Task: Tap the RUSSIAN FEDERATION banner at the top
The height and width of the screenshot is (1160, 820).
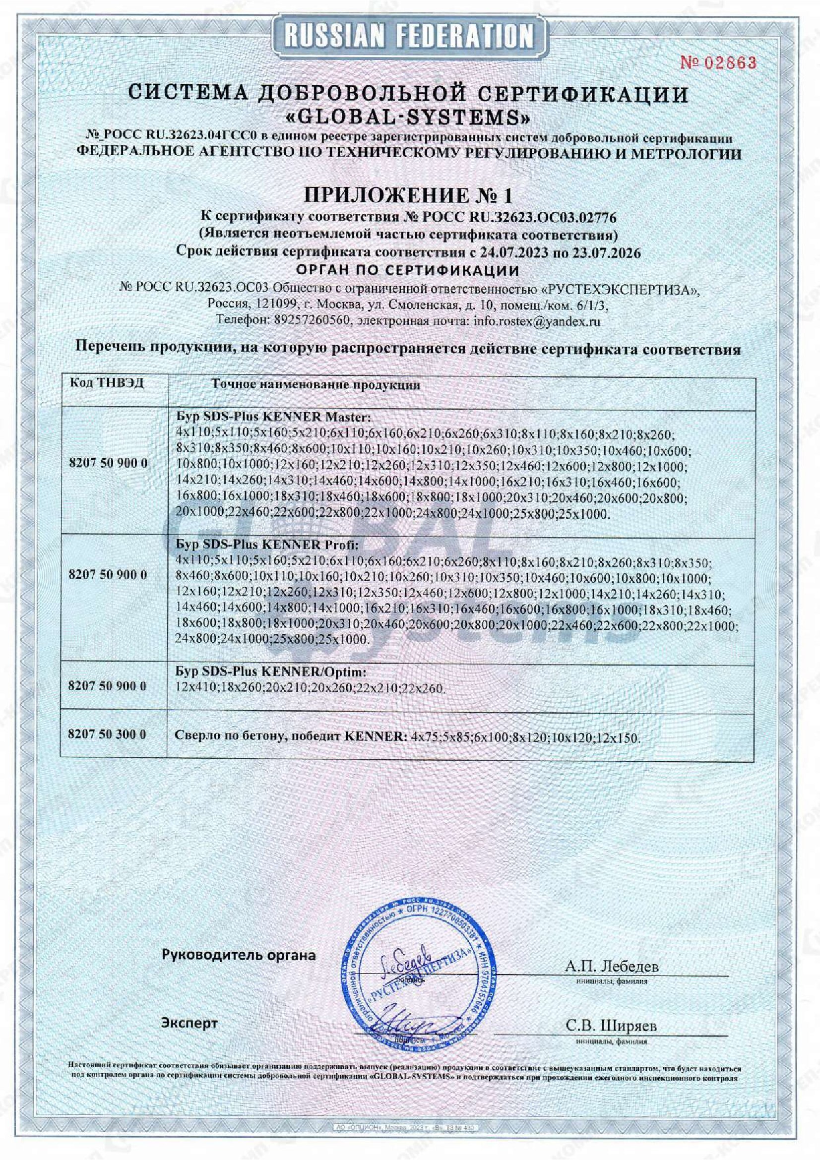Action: click(x=409, y=36)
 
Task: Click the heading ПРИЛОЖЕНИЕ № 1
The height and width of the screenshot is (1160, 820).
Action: click(x=409, y=195)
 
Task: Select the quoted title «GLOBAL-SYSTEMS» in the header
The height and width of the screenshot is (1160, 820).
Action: click(x=409, y=119)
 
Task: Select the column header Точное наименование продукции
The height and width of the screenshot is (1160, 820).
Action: click(x=316, y=385)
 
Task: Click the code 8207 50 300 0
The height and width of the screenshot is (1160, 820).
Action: click(x=107, y=734)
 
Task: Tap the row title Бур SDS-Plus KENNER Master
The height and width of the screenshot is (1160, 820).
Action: click(x=273, y=418)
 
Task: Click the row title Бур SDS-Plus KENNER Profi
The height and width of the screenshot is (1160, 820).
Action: click(x=268, y=545)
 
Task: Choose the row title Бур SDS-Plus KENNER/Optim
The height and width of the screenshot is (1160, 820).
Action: click(x=270, y=672)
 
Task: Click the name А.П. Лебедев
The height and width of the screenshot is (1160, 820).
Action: click(x=612, y=966)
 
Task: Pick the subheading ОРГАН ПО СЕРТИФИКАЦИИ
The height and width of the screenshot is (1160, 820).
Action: click(x=409, y=270)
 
